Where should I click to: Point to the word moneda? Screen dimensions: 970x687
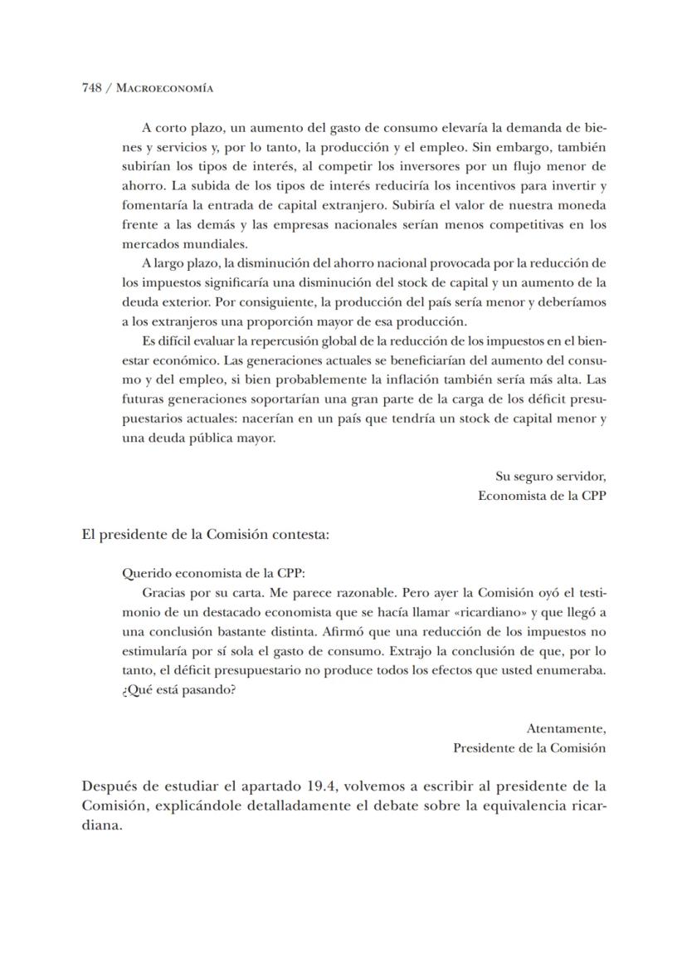coord(582,204)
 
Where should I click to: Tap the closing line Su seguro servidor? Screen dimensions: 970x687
coord(550,477)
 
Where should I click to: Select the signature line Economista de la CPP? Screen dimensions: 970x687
coord(542,496)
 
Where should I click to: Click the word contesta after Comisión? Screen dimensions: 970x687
coord(303,535)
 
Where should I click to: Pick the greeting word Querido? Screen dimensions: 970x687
coord(144,572)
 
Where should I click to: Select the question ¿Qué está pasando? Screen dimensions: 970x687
coord(178,690)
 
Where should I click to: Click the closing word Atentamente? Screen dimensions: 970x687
coord(566,728)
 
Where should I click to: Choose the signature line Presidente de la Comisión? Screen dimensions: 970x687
coord(529,747)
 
